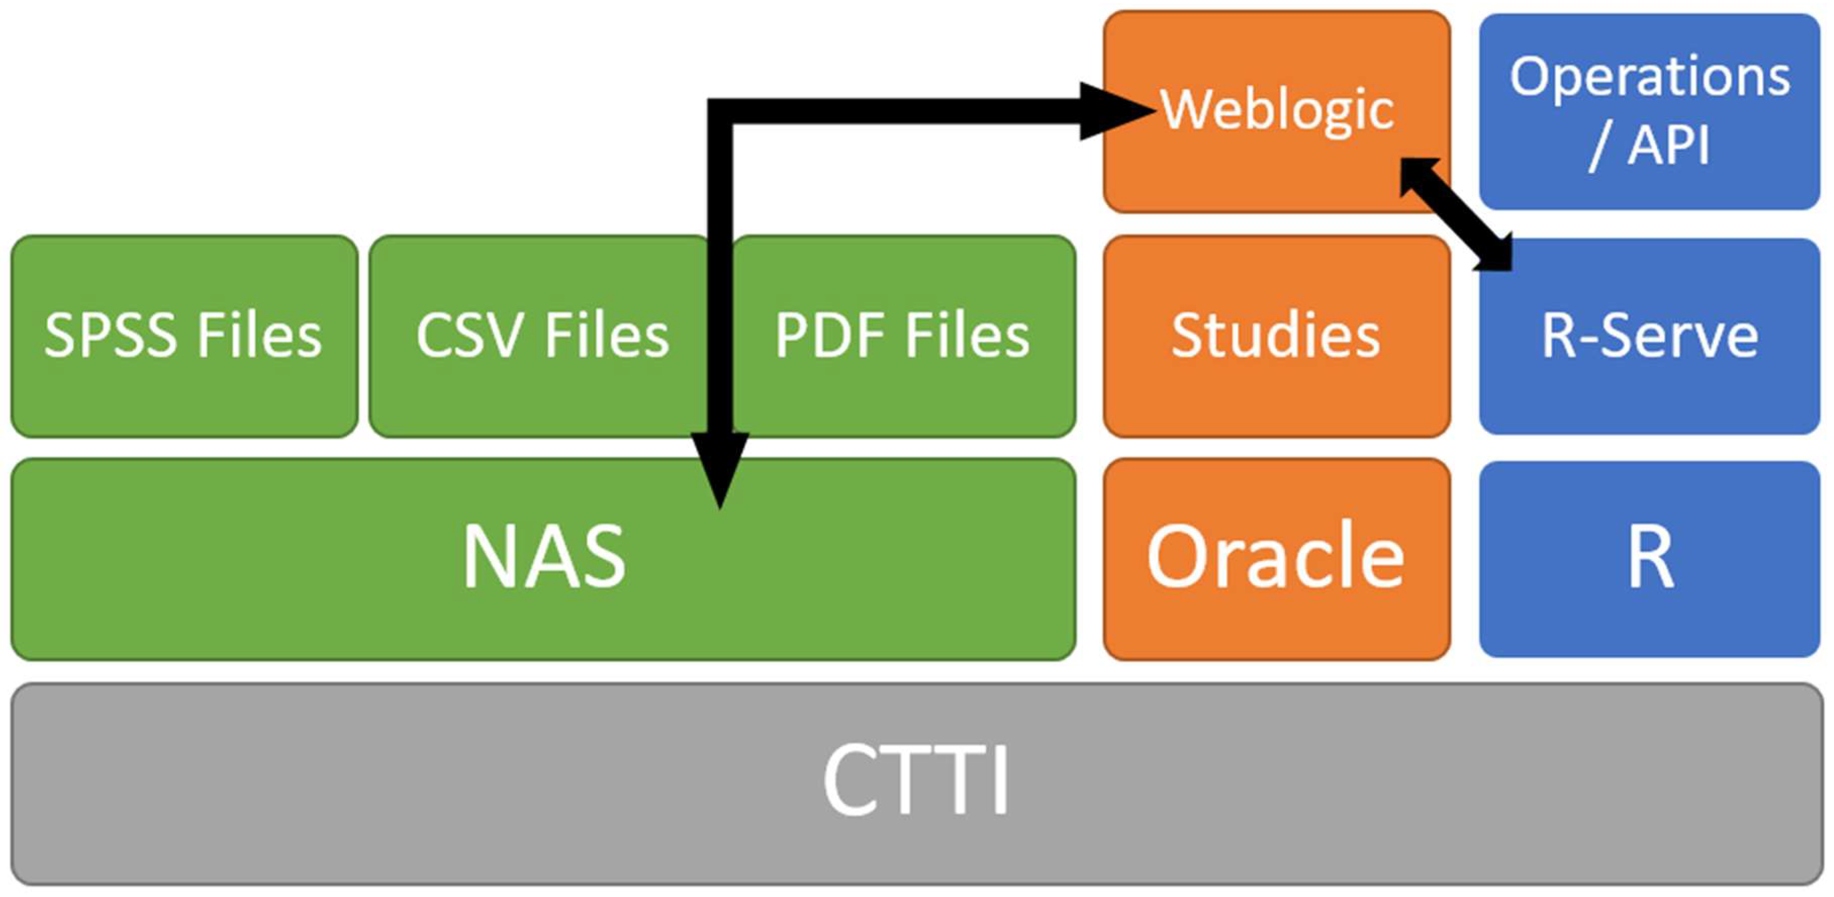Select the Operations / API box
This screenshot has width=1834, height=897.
tap(1649, 110)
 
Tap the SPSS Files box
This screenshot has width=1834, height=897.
tap(184, 336)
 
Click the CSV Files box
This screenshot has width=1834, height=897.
tap(541, 336)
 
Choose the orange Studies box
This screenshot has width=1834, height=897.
tap(1276, 336)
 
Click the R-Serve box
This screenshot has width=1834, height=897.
tap(1649, 336)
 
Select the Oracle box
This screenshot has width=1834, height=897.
tap(1276, 557)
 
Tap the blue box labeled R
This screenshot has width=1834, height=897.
tap(1649, 557)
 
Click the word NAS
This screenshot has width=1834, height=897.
tap(544, 557)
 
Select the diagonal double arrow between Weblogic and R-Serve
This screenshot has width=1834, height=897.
tap(1456, 214)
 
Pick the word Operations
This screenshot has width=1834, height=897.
tap(1649, 77)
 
